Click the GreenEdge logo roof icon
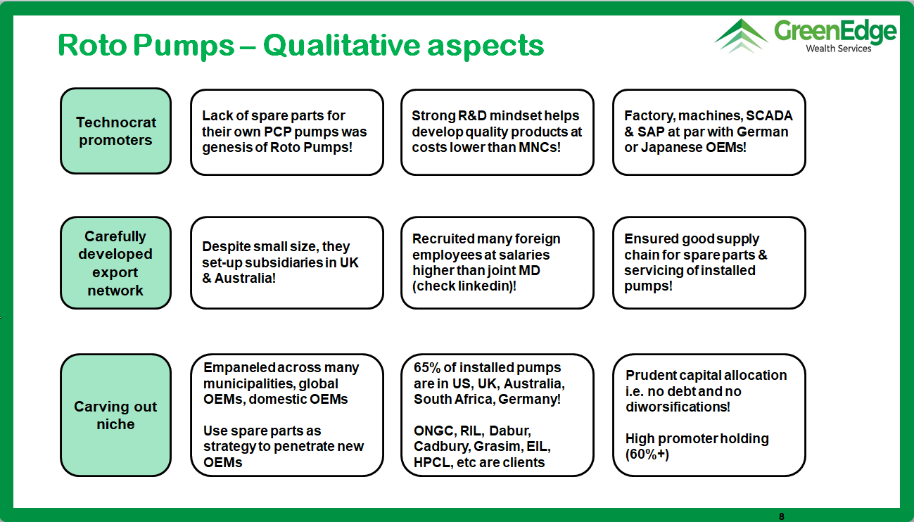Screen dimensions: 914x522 click(x=741, y=36)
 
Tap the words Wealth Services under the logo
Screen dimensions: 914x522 click(x=839, y=49)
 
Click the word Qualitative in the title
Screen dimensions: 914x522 click(x=341, y=45)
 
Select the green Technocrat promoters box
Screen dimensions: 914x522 click(x=116, y=131)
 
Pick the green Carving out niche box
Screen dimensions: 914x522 click(x=116, y=415)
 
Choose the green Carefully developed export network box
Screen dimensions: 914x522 click(x=116, y=262)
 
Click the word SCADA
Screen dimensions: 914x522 click(x=769, y=115)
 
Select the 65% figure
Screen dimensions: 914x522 click(x=427, y=367)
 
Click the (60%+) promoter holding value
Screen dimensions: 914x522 click(x=647, y=454)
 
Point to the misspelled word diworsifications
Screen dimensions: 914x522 click(x=678, y=407)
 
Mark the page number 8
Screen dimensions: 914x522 click(x=782, y=516)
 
